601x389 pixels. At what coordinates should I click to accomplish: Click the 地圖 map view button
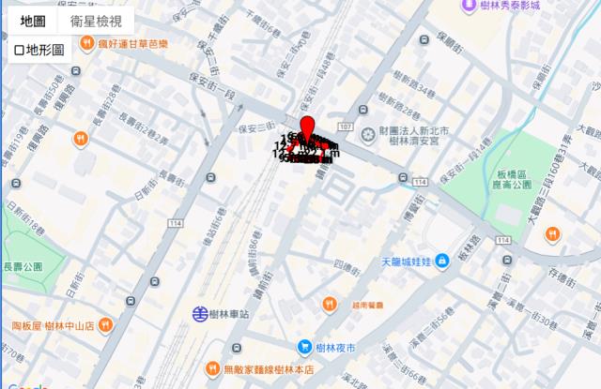click(33, 21)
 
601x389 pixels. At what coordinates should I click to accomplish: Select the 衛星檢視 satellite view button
click(96, 21)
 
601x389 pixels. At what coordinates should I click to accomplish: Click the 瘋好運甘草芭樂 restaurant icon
click(85, 43)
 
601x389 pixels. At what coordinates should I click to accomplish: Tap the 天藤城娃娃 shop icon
click(441, 262)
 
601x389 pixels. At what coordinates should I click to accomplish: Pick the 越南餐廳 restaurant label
click(368, 305)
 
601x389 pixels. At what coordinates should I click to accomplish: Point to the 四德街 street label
click(347, 265)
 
